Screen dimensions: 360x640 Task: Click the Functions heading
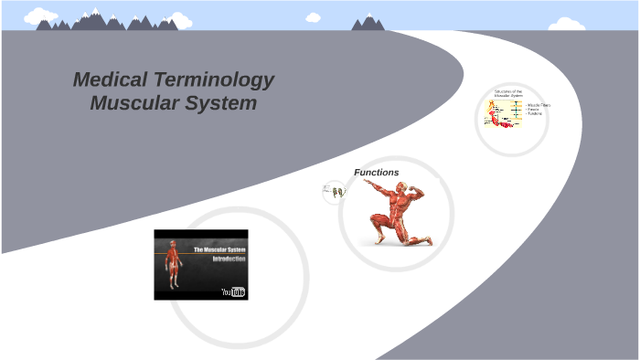377,172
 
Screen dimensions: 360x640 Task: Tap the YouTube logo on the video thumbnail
233,291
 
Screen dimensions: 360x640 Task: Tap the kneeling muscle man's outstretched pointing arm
374,188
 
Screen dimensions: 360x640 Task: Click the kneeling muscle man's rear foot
421,239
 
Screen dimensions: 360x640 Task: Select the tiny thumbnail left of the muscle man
336,192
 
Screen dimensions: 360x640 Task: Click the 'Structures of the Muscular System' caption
508,93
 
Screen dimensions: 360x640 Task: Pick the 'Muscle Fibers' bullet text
539,105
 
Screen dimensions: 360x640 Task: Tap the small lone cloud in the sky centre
314,16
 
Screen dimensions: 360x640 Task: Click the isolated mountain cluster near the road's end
368,23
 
